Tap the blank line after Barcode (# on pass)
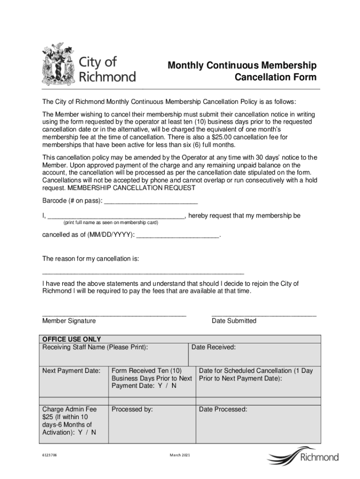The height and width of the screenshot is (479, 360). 151,202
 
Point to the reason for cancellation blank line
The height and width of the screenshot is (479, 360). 143,271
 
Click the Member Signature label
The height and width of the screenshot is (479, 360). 69,321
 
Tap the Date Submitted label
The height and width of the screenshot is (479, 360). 234,321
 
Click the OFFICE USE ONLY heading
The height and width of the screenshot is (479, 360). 72,340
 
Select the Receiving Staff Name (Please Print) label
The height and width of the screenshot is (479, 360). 95,348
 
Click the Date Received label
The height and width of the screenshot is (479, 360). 214,348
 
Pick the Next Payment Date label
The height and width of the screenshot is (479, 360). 71,371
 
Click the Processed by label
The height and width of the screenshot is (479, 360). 132,409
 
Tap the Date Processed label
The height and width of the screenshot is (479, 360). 223,409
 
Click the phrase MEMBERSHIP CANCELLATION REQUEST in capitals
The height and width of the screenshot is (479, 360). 131,188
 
